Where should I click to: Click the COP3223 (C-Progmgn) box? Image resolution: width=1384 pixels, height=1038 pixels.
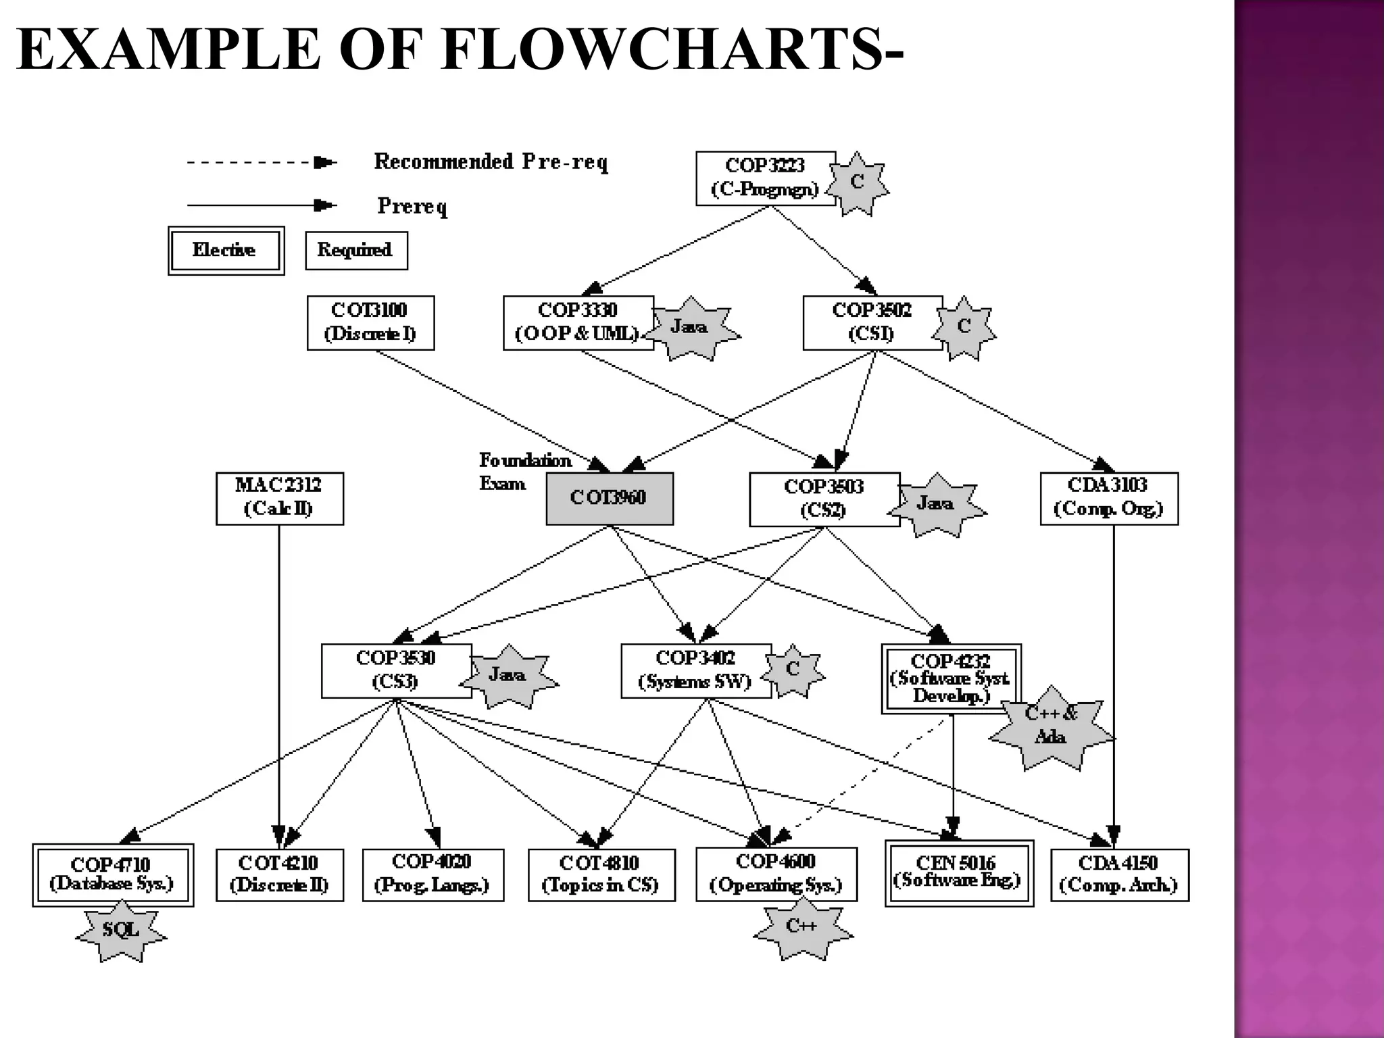pos(765,178)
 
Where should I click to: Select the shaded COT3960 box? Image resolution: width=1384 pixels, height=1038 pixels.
pos(609,498)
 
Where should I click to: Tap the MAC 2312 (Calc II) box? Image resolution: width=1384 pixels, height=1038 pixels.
pos(279,498)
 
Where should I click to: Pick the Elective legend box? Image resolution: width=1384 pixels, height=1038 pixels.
pos(226,251)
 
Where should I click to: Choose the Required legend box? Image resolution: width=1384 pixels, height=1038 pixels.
pos(356,251)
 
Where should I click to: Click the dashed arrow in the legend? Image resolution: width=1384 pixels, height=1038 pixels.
pos(260,163)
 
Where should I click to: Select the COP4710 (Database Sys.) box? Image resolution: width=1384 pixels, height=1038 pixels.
pos(113,874)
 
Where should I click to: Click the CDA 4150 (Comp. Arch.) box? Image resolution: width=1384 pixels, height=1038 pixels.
pos(1119,874)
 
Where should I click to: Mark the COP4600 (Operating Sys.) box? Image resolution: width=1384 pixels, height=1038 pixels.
pos(776,874)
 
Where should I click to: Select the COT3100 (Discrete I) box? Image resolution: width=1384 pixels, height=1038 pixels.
pos(370,322)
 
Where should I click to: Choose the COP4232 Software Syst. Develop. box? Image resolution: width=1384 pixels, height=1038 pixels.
pos(950,678)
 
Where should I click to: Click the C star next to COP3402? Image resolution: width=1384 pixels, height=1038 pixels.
pos(793,670)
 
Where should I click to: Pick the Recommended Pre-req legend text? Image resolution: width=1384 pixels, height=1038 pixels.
pos(491,162)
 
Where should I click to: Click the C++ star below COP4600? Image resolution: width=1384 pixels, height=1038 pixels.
pos(802,928)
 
